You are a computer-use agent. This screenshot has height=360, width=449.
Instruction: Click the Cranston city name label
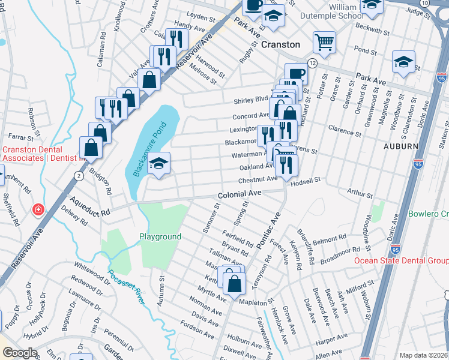pos(280,44)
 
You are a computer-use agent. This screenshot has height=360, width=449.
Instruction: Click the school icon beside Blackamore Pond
pos(158,164)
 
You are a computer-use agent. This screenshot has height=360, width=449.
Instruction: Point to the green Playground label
pos(160,236)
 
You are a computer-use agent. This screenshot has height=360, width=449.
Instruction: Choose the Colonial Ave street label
pos(240,194)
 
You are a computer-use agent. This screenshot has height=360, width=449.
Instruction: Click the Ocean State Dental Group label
pos(401,260)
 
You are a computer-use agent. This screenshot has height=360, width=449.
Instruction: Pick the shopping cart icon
pos(324,42)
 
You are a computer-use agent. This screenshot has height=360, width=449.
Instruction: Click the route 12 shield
pos(312,63)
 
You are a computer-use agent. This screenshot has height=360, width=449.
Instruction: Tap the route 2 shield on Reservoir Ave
pos(79,175)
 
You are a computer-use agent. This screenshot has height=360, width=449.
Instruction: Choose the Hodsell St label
pos(306,179)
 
